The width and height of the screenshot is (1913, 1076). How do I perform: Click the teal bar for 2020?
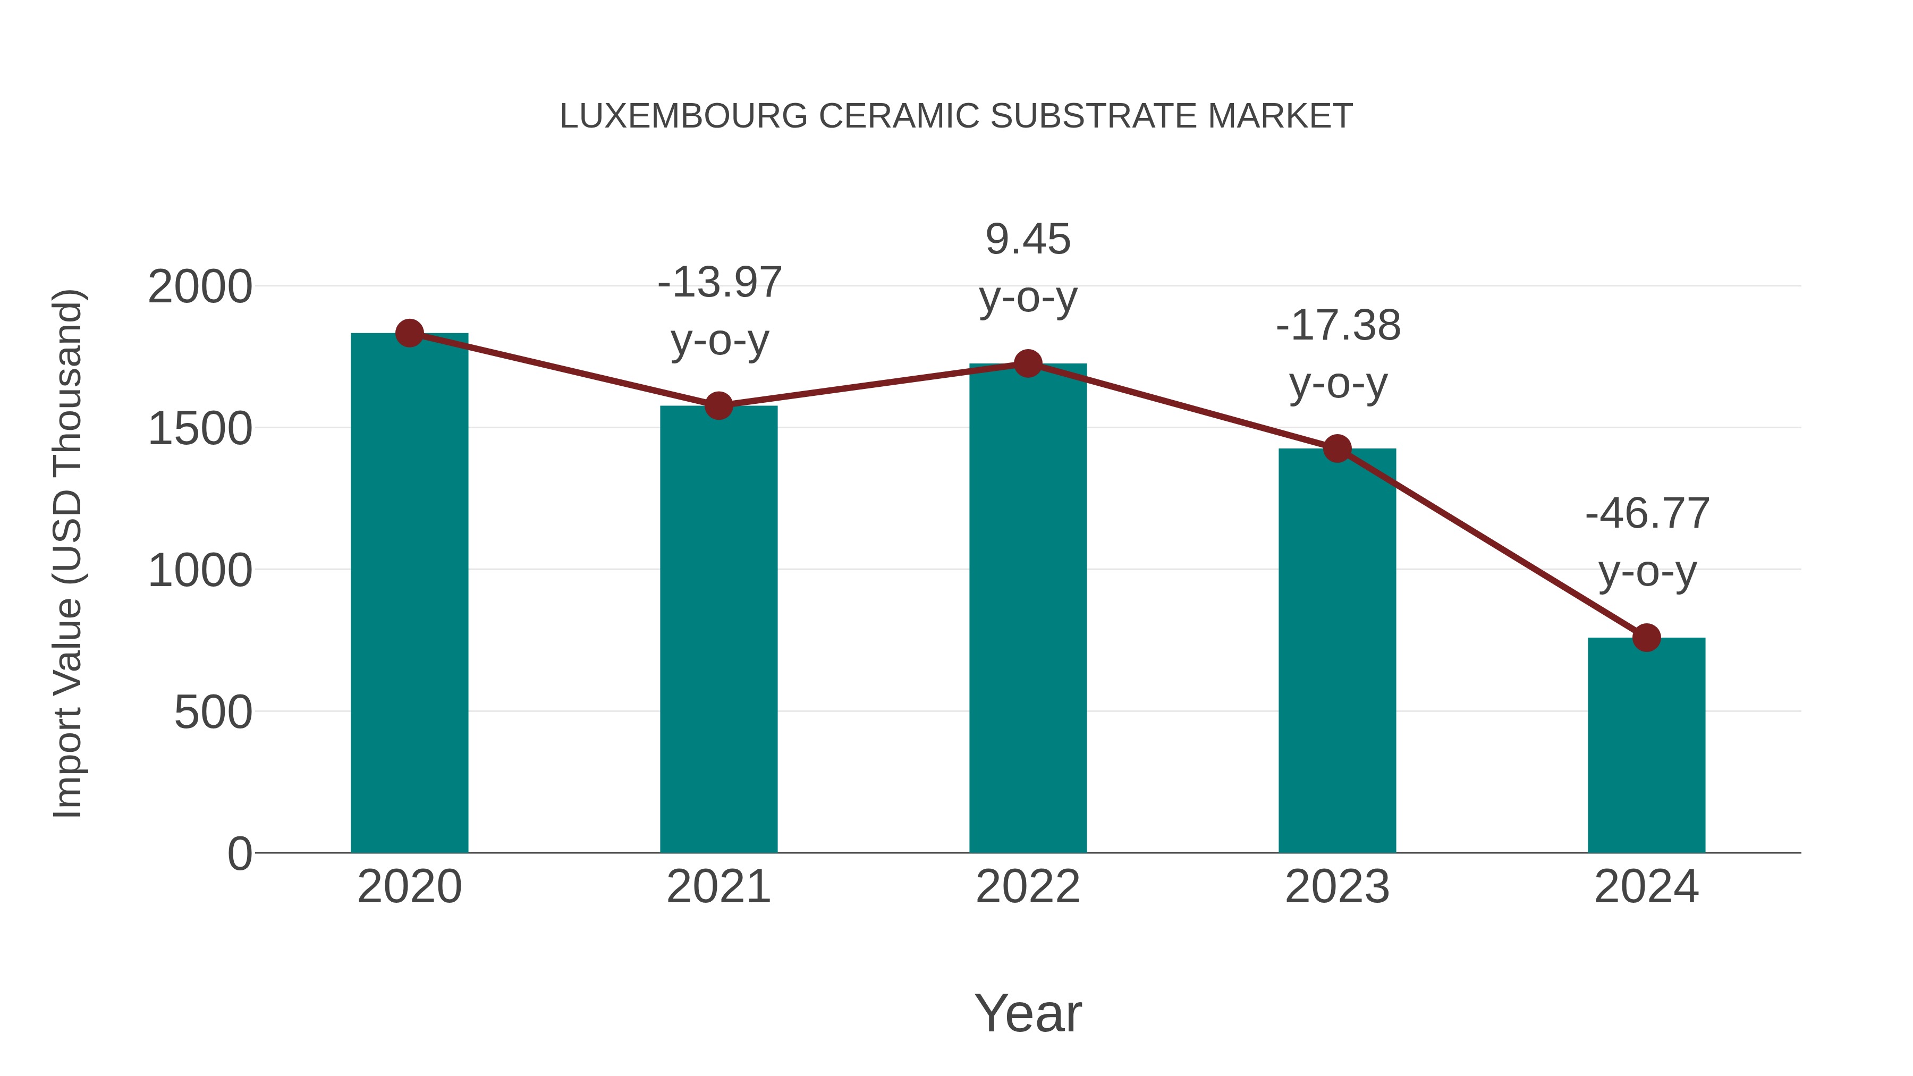[x=409, y=594]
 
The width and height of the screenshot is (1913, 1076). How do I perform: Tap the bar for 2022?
[x=1028, y=609]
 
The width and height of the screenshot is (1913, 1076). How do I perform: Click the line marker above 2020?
[x=409, y=333]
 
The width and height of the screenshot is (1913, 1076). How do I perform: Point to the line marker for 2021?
[x=718, y=405]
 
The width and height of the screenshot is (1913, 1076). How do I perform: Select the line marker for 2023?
[x=1337, y=448]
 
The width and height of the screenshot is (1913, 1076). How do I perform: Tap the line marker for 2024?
[x=1646, y=638]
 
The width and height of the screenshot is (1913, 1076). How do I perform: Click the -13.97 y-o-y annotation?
[x=720, y=283]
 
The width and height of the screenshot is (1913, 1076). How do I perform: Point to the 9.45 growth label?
[x=1028, y=240]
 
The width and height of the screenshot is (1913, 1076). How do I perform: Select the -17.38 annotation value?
[x=1338, y=326]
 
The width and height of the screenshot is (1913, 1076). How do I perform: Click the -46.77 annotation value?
[x=1647, y=514]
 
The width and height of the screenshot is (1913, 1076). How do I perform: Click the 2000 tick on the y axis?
[x=200, y=287]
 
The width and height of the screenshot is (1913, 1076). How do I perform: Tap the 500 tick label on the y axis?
[x=213, y=713]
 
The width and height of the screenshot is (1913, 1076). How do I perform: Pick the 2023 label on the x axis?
[x=1337, y=887]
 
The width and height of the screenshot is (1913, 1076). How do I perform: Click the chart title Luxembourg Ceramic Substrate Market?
[x=956, y=116]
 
